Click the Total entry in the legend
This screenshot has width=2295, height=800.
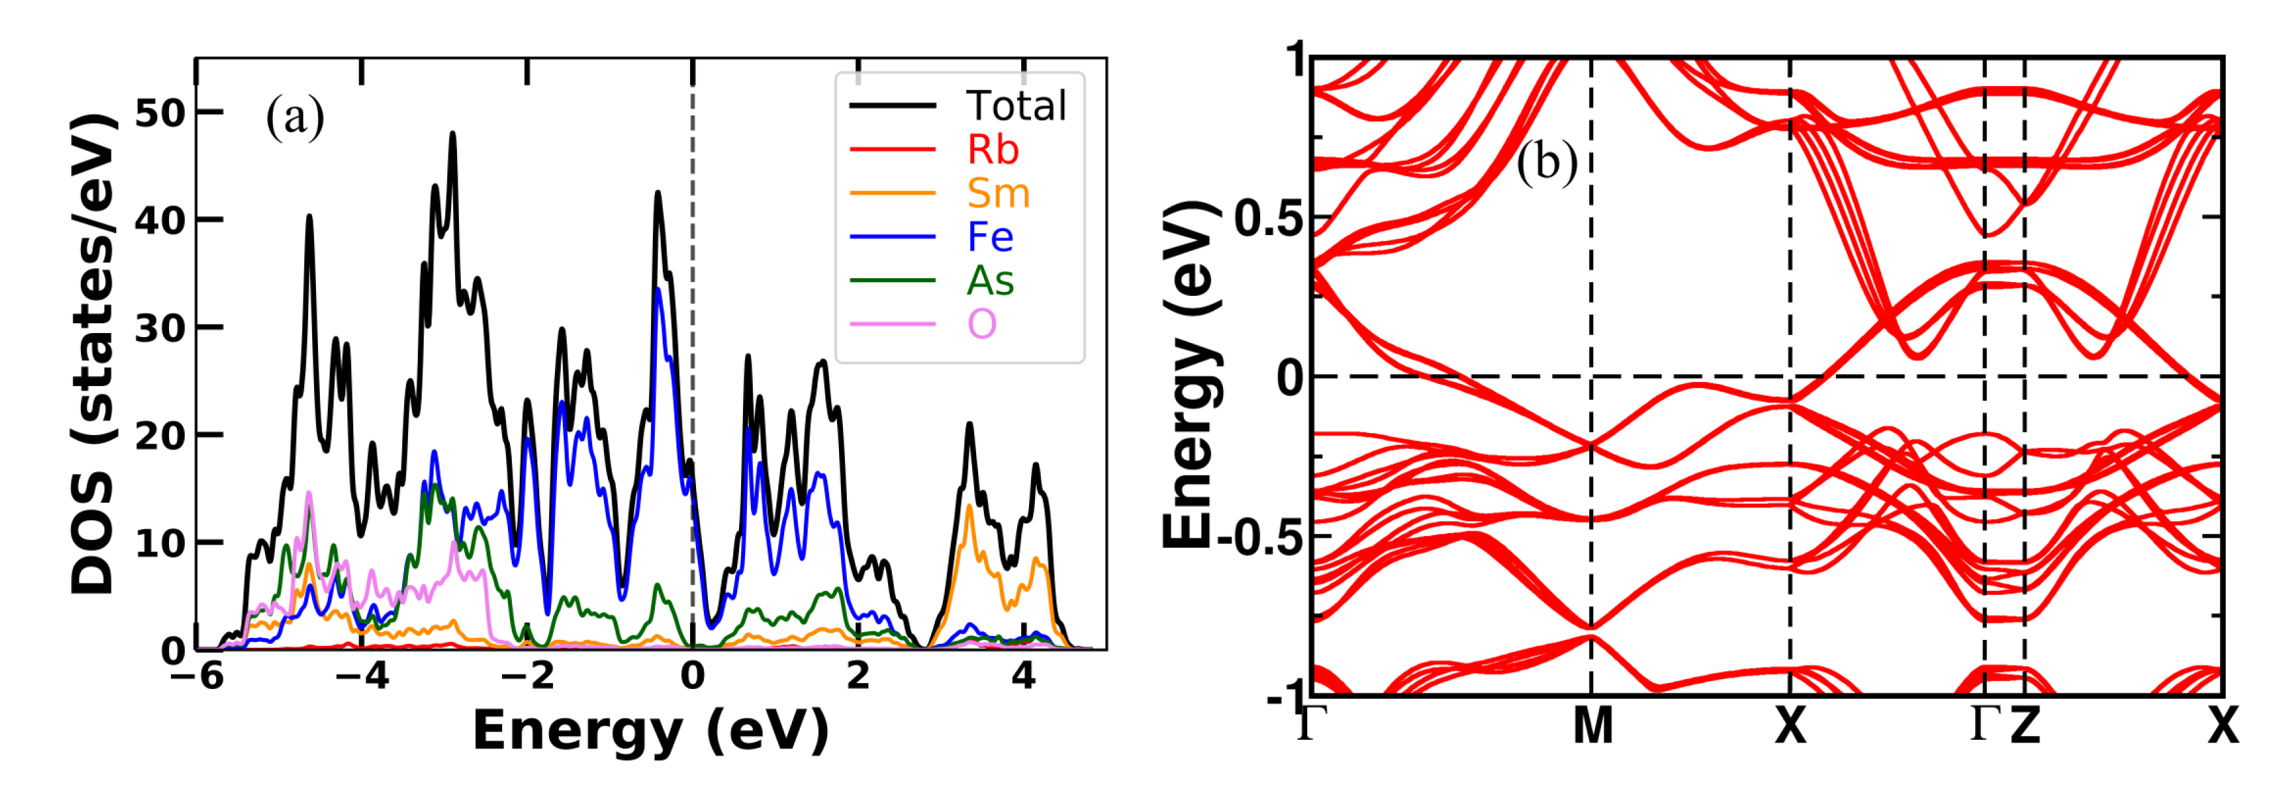[x=1016, y=106]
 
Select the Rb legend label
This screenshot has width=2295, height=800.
[x=992, y=150]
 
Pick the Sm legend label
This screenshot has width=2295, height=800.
[x=998, y=193]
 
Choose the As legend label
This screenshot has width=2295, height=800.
[x=990, y=281]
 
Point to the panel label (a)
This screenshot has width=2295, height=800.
[x=295, y=118]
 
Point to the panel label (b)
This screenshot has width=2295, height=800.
[x=1547, y=163]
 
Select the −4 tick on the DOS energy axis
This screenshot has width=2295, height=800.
[x=362, y=677]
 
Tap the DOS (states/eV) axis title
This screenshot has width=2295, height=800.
[x=93, y=355]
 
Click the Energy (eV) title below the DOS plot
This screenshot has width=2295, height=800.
[x=650, y=732]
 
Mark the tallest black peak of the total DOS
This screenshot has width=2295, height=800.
[x=452, y=135]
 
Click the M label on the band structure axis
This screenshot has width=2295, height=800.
[x=1592, y=726]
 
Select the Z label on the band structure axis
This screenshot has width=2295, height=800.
[x=2025, y=726]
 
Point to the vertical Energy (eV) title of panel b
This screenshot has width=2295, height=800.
[x=1190, y=374]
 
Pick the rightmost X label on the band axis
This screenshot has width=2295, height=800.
[x=2223, y=726]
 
